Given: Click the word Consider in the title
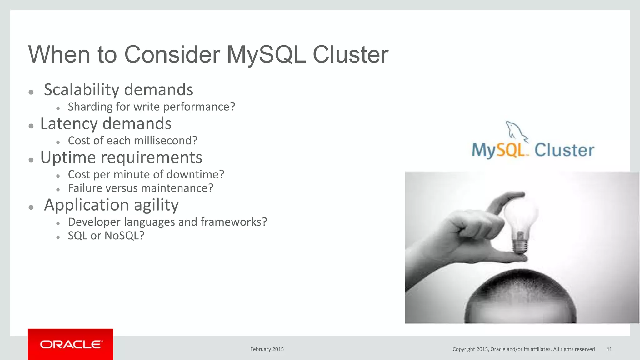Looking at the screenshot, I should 172,55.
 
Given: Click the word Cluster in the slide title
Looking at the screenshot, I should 350,55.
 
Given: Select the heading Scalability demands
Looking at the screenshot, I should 118,90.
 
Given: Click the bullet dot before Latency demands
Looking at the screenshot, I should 31,126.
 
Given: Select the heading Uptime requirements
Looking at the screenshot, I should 121,157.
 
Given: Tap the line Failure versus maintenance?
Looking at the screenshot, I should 141,188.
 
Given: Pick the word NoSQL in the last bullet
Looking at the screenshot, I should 124,236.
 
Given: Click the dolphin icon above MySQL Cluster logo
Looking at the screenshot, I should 516,131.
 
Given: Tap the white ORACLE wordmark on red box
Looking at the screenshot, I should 71,344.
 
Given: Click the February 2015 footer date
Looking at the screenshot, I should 267,349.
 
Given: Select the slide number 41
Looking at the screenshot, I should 609,349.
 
